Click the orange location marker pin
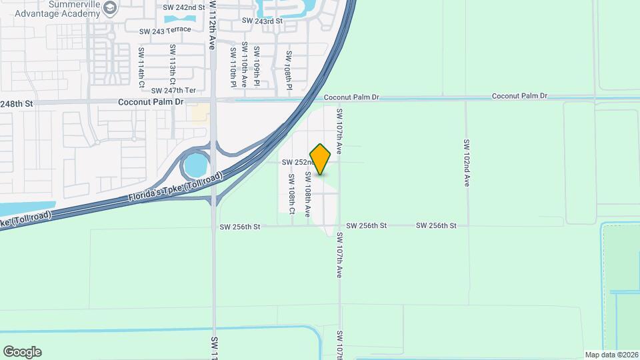point(320,159)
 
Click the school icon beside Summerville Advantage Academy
point(111,7)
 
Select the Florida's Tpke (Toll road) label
point(175,189)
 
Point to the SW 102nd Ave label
point(467,163)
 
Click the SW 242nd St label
point(183,7)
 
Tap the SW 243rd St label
point(262,21)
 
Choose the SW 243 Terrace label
point(165,30)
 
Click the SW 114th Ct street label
point(141,67)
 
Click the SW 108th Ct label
point(292,194)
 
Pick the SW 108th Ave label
point(308,194)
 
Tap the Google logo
point(22,352)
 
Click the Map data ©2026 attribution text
point(611,355)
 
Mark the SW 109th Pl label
point(257,67)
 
